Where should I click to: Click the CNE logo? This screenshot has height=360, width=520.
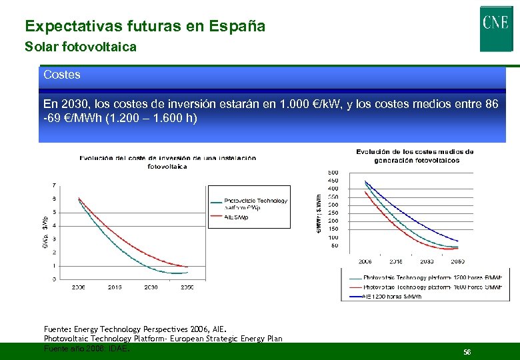coord(495,28)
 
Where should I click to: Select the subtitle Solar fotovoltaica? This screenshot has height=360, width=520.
coord(80,47)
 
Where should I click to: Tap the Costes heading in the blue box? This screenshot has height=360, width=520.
coord(61,75)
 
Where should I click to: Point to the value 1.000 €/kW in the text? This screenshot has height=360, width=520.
coord(309,105)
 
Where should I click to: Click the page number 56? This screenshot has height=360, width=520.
coord(467,351)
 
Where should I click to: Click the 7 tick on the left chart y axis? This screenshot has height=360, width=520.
coord(54,185)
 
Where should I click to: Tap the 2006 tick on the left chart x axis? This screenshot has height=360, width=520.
coord(79,287)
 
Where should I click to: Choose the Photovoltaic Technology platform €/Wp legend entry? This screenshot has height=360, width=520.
coord(255,203)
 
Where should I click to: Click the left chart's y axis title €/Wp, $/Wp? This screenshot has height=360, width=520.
coord(45,231)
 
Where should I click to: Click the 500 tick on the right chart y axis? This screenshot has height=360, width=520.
coord(333,173)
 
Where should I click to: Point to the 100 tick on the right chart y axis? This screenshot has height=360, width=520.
coord(333,237)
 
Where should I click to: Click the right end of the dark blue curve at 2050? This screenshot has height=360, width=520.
coord(458,241)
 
